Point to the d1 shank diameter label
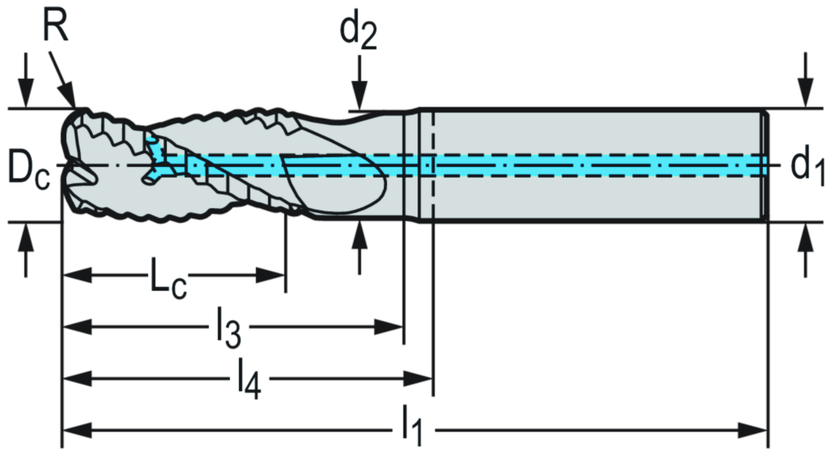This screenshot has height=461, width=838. pos(807,165)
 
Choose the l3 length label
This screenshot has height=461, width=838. pos(228,328)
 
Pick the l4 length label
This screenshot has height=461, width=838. pos(248,378)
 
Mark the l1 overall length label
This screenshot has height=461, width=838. pos(415,427)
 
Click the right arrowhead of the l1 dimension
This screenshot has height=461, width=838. pos(758,429)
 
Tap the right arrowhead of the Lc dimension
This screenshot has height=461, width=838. pos(277,276)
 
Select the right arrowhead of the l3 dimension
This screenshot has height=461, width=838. pos(395,328)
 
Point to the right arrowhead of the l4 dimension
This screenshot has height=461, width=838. pos(423,378)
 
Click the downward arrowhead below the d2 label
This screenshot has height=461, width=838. pos(358,98)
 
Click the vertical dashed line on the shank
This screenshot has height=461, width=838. pos(431,164)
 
